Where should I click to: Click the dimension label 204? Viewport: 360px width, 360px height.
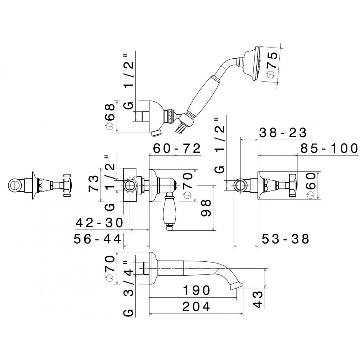pos(196,306)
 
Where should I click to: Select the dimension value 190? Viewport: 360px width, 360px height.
pos(196,290)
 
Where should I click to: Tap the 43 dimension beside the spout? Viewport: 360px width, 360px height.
pos(258,300)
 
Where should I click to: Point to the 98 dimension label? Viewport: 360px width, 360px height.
pos(206,208)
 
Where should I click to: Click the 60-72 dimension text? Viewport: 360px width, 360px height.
pos(177,148)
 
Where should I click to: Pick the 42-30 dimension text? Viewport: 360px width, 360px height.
pos(99,222)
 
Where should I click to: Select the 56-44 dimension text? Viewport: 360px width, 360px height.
pos(97,239)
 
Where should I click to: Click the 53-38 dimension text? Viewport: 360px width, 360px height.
pos(285,239)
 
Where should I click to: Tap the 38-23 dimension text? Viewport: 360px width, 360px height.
pos(283,132)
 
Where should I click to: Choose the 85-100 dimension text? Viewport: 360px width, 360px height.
pos(329,148)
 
